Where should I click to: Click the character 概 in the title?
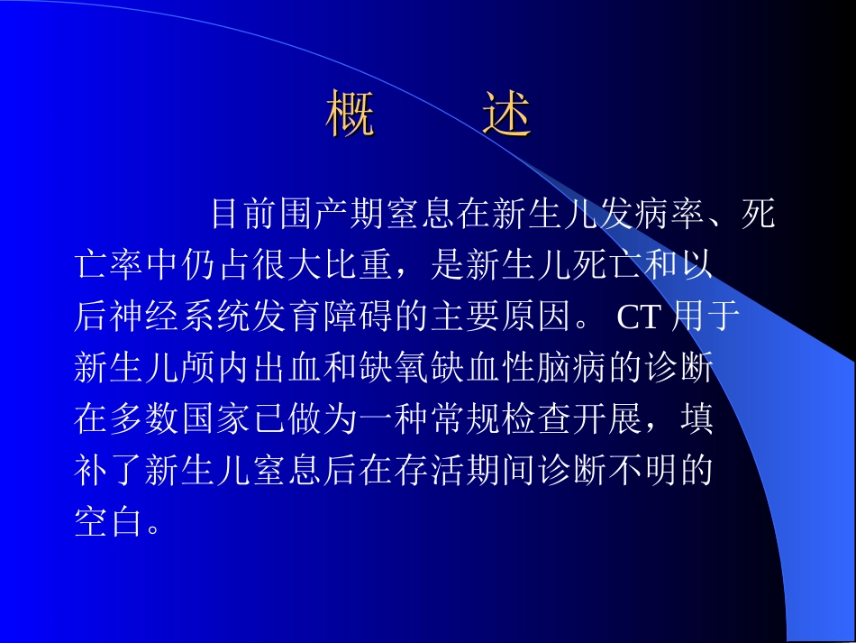tap(350, 115)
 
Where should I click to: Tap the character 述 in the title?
tap(506, 115)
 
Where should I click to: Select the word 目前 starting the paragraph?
tap(243, 215)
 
